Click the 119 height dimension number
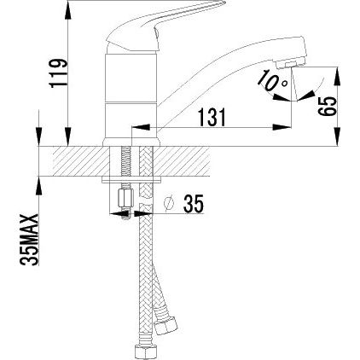[59, 73]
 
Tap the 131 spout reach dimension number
[212, 117]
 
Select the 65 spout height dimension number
[327, 106]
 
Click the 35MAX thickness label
[30, 240]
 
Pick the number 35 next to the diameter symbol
[194, 204]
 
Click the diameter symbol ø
[169, 204]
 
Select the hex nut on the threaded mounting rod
[125, 199]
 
